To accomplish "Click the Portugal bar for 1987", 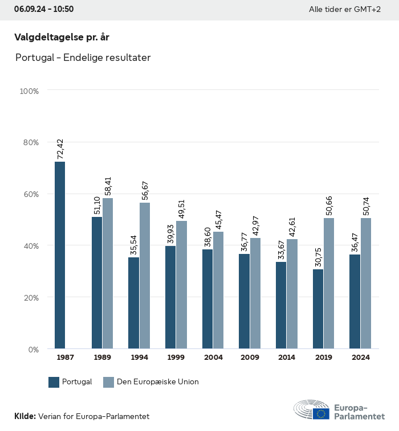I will coord(60,255).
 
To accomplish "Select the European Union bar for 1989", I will coord(108,273).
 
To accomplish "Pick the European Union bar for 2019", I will coord(329,283).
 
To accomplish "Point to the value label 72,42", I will coord(60,149).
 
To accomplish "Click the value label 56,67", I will coord(145,190).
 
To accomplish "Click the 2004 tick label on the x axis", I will coord(214,358).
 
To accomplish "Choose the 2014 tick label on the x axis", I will coord(287,358).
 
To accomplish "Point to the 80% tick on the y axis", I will coord(29,142).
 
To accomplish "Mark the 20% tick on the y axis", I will coord(29,297).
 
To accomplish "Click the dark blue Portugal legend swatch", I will coord(54,382).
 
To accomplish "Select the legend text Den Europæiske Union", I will coord(158,382).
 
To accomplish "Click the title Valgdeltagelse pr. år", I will coord(62,38).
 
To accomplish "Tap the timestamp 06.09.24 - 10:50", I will coord(44,9).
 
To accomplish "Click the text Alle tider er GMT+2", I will coord(345,10).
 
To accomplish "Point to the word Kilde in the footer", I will coord(25,417).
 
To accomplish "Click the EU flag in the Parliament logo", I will coord(321,413).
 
